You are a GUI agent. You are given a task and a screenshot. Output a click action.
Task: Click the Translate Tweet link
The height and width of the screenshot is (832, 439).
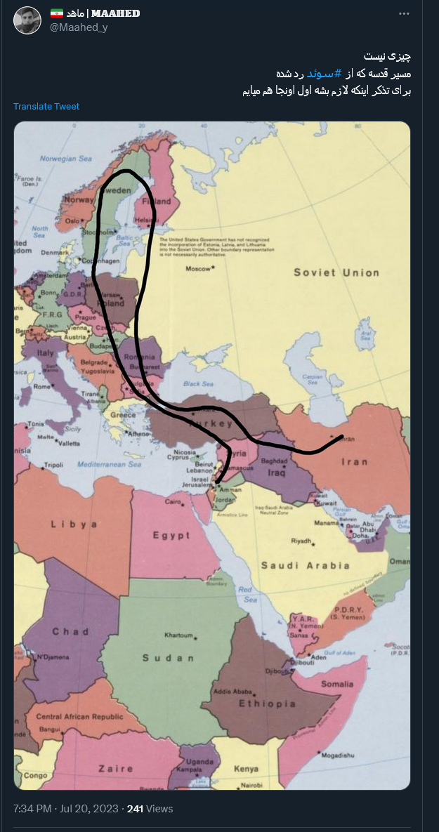46,107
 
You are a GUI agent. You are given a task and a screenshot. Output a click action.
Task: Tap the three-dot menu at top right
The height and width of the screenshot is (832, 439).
404,14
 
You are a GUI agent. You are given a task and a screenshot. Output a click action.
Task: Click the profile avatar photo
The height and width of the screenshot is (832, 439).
27,20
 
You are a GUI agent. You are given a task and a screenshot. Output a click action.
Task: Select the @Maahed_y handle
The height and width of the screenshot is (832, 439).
79,27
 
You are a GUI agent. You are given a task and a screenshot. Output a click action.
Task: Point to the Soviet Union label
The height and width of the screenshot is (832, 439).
336,272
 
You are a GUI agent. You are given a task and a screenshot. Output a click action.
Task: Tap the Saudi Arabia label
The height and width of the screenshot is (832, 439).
305,565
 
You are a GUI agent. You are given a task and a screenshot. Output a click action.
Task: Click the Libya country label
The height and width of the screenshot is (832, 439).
74,524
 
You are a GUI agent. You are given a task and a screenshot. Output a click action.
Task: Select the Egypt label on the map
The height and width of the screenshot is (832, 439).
171,536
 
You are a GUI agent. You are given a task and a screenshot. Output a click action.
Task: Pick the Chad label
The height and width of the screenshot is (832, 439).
70,632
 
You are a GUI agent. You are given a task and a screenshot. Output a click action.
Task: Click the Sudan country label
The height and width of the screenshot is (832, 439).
168,658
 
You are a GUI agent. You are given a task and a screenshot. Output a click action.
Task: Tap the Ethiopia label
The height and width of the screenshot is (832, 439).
267,704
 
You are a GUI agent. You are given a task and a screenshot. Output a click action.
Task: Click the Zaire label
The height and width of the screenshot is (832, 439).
115,769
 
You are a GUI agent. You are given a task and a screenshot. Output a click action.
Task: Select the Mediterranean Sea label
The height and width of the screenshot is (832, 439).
110,464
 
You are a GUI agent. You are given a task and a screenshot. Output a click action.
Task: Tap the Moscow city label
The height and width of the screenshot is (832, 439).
197,269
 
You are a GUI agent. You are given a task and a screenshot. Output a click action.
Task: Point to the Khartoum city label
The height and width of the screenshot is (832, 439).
178,635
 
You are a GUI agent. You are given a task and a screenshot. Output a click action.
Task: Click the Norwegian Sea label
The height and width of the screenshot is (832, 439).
67,159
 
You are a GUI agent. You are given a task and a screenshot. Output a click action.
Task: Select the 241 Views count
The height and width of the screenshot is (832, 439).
150,809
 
